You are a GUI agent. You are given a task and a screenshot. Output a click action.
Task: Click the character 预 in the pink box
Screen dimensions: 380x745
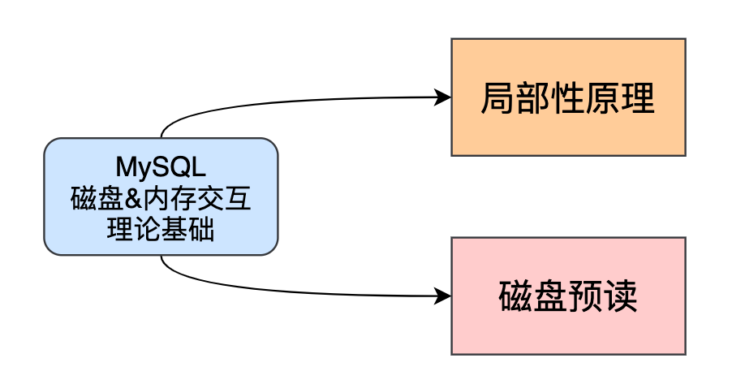point(586,297)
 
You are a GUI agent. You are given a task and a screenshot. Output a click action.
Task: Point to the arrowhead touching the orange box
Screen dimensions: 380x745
point(443,97)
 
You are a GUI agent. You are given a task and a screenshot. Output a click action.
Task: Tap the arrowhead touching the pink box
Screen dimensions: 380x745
point(443,296)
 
